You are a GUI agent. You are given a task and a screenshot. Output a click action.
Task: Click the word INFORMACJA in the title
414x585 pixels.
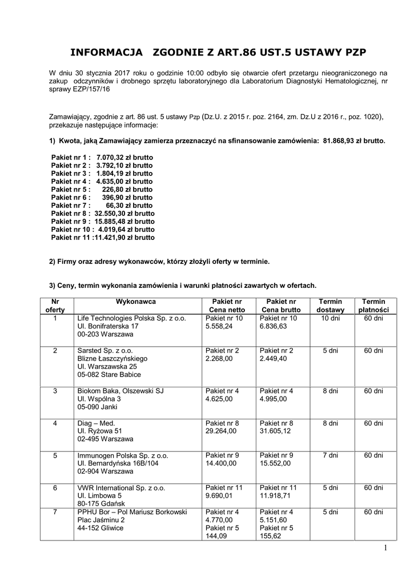(106, 53)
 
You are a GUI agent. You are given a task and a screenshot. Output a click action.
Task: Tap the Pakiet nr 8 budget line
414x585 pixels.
(103, 213)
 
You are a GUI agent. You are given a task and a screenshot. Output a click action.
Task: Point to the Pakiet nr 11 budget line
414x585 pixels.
(103, 237)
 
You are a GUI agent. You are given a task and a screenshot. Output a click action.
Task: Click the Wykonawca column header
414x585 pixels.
(136, 301)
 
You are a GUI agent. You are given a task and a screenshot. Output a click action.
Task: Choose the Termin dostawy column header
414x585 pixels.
(331, 305)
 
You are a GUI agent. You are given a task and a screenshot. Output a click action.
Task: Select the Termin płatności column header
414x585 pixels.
(374, 305)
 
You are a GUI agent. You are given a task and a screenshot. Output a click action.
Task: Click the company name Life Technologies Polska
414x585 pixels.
(131, 318)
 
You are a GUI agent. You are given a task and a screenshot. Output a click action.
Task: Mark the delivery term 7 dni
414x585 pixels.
(331, 456)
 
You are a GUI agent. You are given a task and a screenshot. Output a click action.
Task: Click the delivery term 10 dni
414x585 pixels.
(331, 318)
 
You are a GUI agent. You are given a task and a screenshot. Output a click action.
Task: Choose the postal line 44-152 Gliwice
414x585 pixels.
(101, 528)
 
